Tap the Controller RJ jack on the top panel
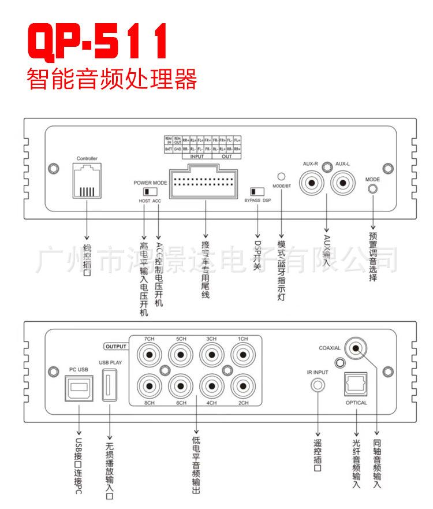click(x=87, y=180)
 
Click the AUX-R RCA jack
click(x=312, y=184)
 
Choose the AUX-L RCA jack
click(x=343, y=184)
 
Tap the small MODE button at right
click(x=373, y=188)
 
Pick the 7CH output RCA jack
click(x=150, y=355)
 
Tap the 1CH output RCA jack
click(x=242, y=355)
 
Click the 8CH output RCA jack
click(x=150, y=385)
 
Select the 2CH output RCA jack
click(x=242, y=385)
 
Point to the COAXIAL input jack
click(x=357, y=348)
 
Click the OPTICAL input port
click(x=356, y=384)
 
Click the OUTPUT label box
click(x=115, y=346)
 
